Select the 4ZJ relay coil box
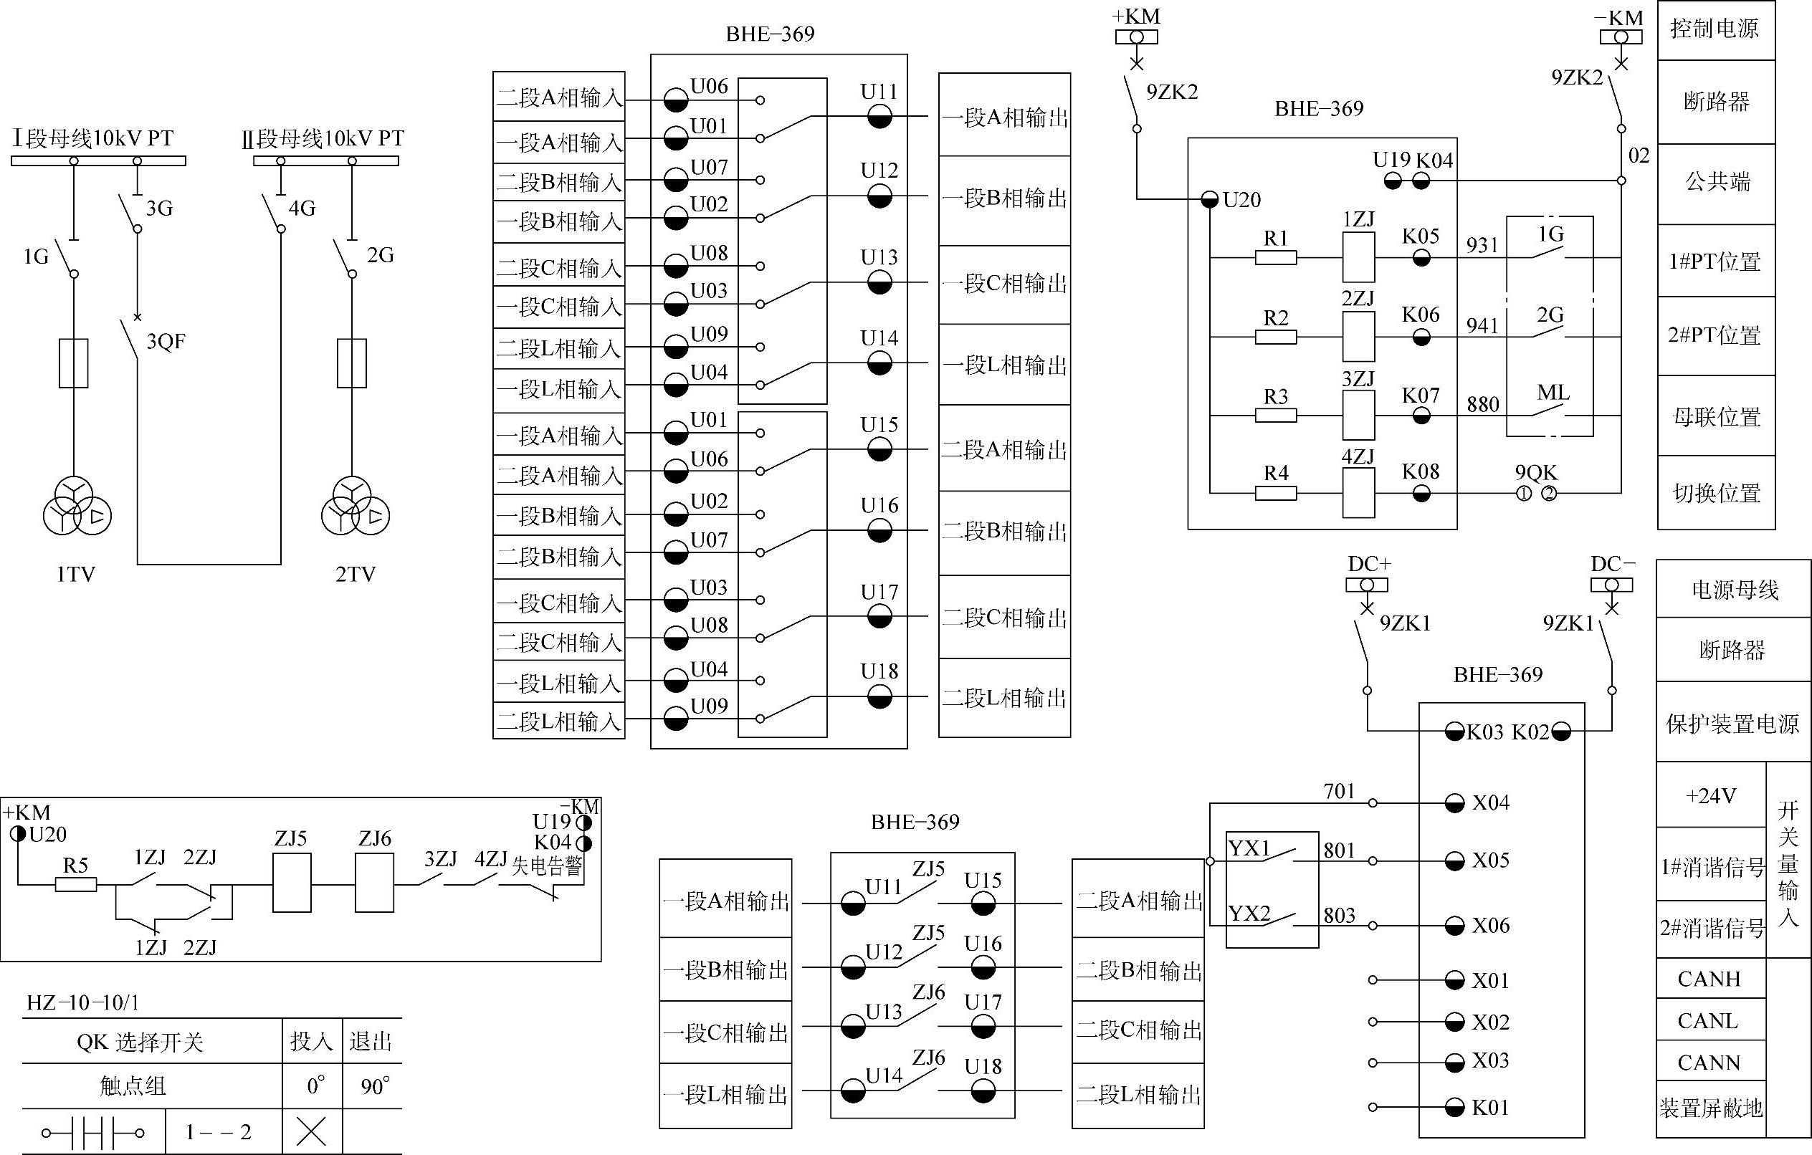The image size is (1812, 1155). pos(1358,493)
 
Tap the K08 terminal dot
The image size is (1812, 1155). pos(1421,494)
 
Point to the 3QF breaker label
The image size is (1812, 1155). pos(166,342)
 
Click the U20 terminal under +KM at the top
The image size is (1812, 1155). pos(1209,199)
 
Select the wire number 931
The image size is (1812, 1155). pos(1482,245)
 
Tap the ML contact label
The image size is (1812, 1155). pos(1553,393)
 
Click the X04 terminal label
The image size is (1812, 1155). pos(1491,803)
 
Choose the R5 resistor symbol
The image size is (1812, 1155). pos(76,885)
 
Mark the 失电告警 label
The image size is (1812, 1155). pos(547,867)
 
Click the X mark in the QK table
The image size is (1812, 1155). pos(312,1131)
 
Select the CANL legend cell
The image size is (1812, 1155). pos(1708,1021)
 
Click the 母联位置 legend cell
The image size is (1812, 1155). pos(1717,416)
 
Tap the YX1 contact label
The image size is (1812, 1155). pos(1249,849)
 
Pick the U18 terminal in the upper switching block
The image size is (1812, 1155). pos(879,696)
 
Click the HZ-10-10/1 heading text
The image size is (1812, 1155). pos(82,1002)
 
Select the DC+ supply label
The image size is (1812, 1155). pos(1369,565)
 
